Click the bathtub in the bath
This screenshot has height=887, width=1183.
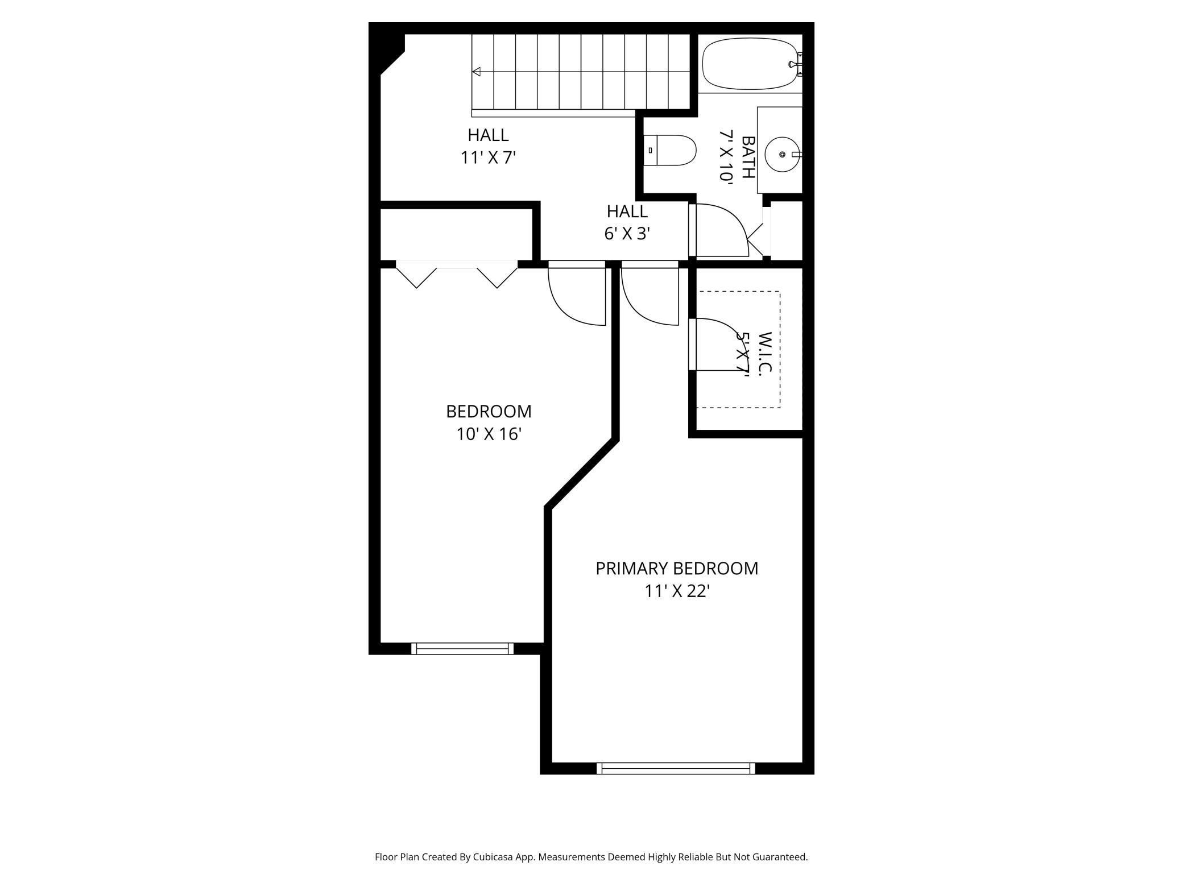(x=750, y=64)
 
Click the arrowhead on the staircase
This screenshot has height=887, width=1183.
(x=477, y=72)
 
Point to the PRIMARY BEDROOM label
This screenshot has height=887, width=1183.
(x=676, y=568)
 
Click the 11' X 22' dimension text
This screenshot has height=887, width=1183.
(x=676, y=591)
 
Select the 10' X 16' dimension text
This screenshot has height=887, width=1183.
(x=489, y=434)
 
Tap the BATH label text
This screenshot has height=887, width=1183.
(x=748, y=157)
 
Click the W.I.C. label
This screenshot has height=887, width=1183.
(x=765, y=353)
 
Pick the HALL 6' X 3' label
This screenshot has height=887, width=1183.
(x=627, y=222)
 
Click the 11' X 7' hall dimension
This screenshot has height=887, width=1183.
(x=488, y=157)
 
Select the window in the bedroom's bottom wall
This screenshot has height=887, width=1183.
(x=462, y=648)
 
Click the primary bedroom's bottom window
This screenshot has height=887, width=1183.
(x=676, y=768)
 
